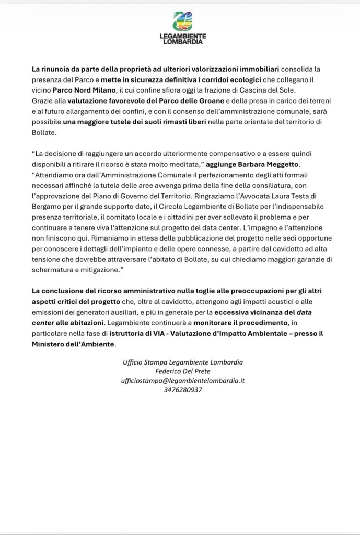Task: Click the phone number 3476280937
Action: coord(182,390)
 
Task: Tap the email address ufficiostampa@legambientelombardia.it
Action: coord(182,381)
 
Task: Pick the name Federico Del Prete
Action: coord(182,371)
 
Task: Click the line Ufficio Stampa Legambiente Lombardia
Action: coord(182,362)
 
